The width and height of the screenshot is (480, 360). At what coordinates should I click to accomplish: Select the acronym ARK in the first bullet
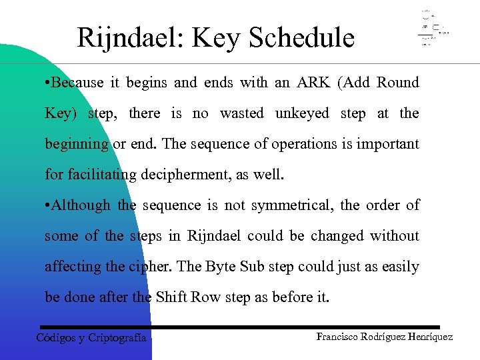pos(313,83)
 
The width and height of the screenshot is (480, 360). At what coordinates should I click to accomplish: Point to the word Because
pos(77,83)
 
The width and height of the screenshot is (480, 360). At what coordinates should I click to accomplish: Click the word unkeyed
pos(303,113)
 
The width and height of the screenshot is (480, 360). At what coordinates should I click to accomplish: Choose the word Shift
pos(172,297)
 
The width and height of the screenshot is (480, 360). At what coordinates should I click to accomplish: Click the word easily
pos(399,267)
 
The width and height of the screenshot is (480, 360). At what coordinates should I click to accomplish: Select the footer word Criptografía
pos(117,337)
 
